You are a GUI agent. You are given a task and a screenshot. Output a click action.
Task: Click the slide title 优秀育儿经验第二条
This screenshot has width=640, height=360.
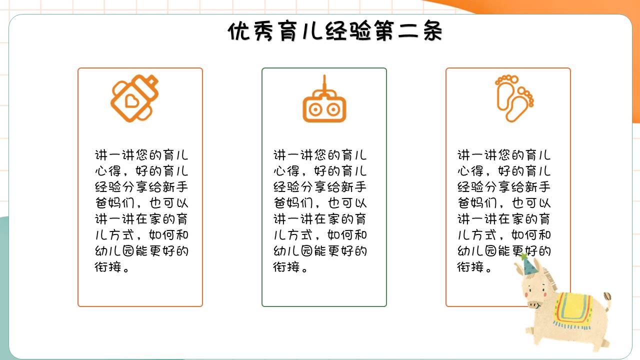click(335, 32)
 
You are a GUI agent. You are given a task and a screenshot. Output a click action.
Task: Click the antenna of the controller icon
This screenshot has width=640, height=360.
click(324, 83)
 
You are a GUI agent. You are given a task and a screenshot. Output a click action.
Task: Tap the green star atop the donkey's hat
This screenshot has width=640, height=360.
click(523, 257)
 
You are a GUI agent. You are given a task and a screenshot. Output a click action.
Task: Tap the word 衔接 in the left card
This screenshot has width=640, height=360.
click(107, 267)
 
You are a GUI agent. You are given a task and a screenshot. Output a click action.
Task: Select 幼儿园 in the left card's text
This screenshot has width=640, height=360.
click(118, 251)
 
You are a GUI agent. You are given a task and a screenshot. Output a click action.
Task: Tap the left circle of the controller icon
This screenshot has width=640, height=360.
click(315, 109)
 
